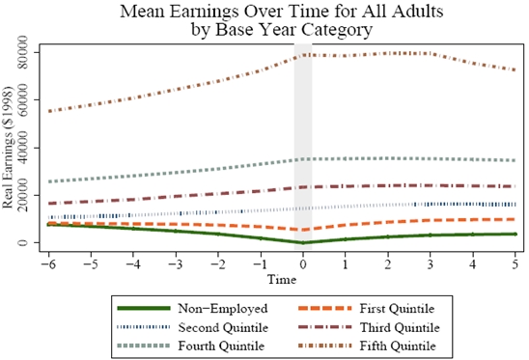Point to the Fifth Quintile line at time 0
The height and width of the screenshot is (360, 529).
point(302,55)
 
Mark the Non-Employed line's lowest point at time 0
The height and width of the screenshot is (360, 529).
point(302,242)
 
